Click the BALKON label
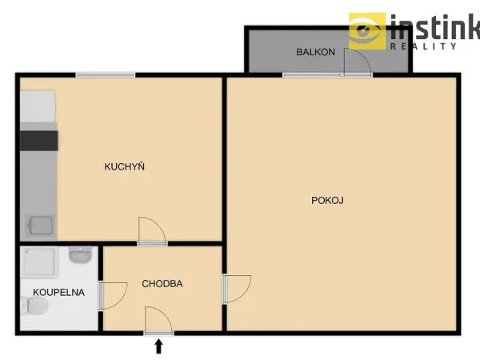pyautogui.click(x=316, y=52)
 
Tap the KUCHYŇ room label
pyautogui.click(x=124, y=166)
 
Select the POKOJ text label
pyautogui.click(x=327, y=201)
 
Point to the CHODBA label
pyautogui.click(x=162, y=284)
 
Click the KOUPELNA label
pyautogui.click(x=58, y=292)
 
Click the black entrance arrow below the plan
pyautogui.click(x=158, y=346)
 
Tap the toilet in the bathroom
pyautogui.click(x=34, y=306)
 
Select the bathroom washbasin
pyautogui.click(x=80, y=254)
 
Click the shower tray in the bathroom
pyautogui.click(x=39, y=262)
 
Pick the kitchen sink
pyautogui.click(x=40, y=226)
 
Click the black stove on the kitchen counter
pyautogui.click(x=39, y=141)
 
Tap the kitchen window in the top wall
pyautogui.click(x=106, y=75)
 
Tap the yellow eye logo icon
pyautogui.click(x=367, y=31)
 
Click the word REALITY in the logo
pyautogui.click(x=423, y=46)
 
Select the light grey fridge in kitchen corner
pyautogui.click(x=38, y=106)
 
